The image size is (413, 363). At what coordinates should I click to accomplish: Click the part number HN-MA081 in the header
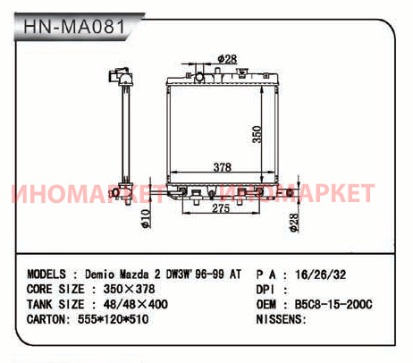pos(74,27)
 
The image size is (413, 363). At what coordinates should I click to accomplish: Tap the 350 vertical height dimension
pos(257,134)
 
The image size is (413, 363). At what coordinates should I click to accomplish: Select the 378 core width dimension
pos(223,167)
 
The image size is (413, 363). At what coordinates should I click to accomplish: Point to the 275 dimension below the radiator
pos(221,208)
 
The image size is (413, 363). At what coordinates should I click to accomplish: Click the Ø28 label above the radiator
pos(228,59)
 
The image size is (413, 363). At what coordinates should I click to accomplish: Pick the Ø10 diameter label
pos(146,219)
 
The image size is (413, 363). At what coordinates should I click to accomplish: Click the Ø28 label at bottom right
pos(293,223)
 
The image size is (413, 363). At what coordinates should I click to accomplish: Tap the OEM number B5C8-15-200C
pos(333,305)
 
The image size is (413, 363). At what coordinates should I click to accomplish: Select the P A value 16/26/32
pos(321,274)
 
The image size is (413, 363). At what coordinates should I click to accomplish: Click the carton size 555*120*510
pos(113,319)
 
